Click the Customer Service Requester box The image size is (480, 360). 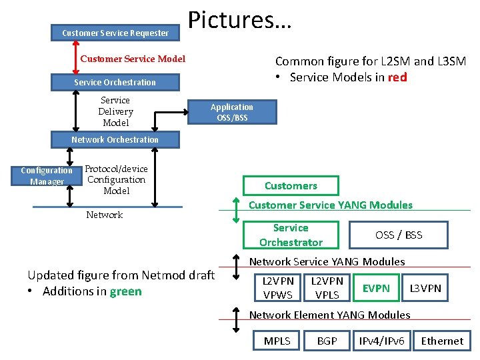115,33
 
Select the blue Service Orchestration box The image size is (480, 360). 115,82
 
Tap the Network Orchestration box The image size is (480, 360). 115,139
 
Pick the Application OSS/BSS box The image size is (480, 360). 232,112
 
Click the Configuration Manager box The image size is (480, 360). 47,176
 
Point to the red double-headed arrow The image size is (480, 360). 76,57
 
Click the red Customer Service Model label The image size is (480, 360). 133,59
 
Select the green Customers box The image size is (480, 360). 291,185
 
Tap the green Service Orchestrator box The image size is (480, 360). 291,235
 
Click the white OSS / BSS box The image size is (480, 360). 399,235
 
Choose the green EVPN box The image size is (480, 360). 376,288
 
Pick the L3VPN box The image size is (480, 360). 425,288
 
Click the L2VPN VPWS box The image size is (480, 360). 277,288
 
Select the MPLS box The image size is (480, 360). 277,341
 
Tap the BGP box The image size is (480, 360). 327,341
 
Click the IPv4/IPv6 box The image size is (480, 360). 381,341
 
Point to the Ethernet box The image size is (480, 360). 442,341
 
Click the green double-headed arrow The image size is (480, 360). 236,210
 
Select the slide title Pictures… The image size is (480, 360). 240,20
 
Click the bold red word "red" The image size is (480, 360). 397,77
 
